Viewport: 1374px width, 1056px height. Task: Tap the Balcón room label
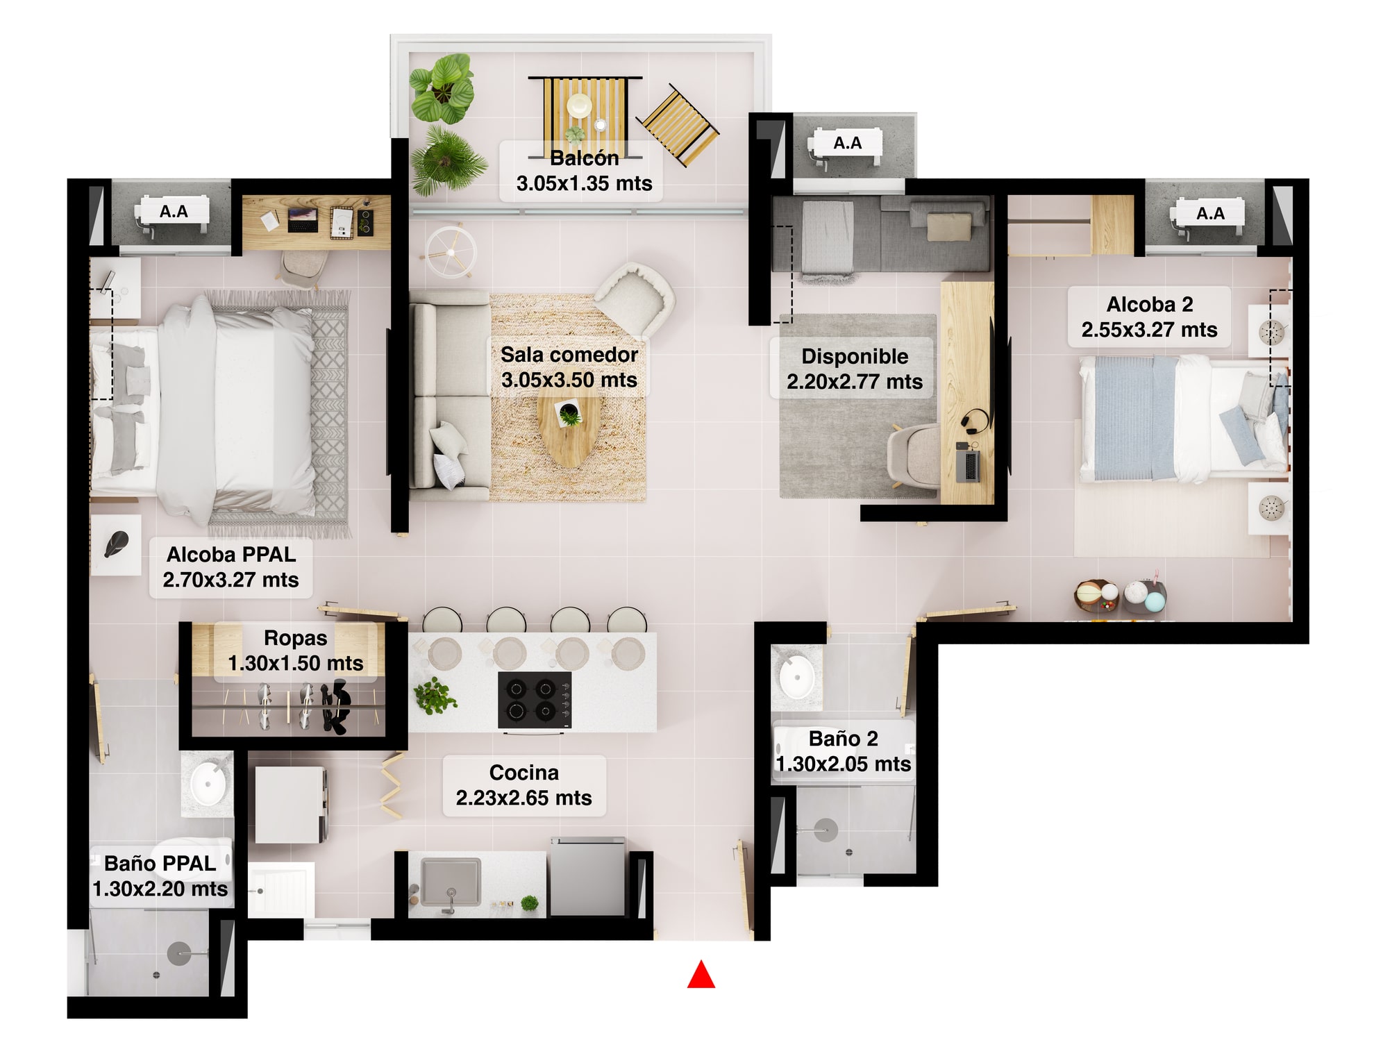point(584,171)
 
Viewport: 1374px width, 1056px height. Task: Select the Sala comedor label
point(569,367)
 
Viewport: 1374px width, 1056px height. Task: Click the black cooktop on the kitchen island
point(535,700)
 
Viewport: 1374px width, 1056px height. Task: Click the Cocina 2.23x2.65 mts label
point(524,785)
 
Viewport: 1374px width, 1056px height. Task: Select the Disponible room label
point(855,369)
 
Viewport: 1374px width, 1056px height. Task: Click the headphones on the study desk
point(975,421)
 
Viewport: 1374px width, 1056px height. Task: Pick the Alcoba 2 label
point(1149,317)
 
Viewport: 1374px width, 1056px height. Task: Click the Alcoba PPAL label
point(231,567)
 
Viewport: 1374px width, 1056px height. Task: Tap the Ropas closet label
point(296,651)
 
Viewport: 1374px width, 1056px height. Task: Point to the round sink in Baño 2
point(796,676)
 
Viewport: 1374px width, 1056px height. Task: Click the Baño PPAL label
point(160,876)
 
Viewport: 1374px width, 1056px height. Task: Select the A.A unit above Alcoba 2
point(1209,213)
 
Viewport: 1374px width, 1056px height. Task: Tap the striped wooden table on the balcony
point(585,115)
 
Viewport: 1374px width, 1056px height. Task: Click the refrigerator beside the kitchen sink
point(587,877)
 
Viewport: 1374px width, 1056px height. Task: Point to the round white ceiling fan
point(451,251)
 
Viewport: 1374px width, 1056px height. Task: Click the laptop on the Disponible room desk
point(968,464)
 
